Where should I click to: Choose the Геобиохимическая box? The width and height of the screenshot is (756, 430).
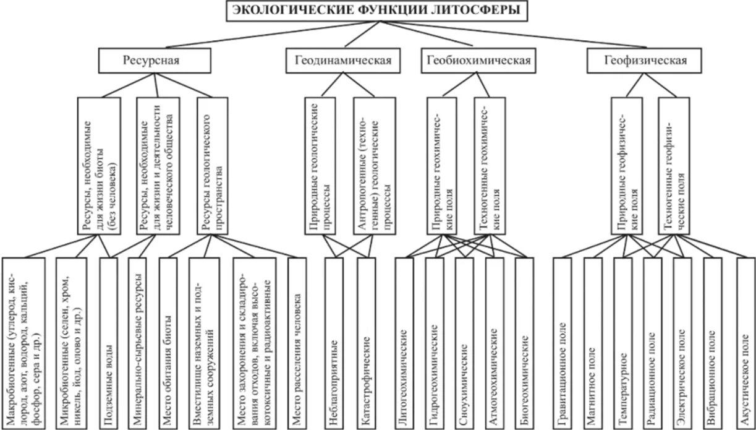click(478, 61)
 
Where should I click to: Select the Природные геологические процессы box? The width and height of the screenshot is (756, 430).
click(321, 166)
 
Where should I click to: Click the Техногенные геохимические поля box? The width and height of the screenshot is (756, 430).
click(490, 166)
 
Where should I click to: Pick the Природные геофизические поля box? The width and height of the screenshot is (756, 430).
click(627, 166)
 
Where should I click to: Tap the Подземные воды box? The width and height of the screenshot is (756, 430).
click(108, 342)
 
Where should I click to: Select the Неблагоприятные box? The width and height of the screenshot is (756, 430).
click(334, 342)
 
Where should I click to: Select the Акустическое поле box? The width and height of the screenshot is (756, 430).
click(745, 342)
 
